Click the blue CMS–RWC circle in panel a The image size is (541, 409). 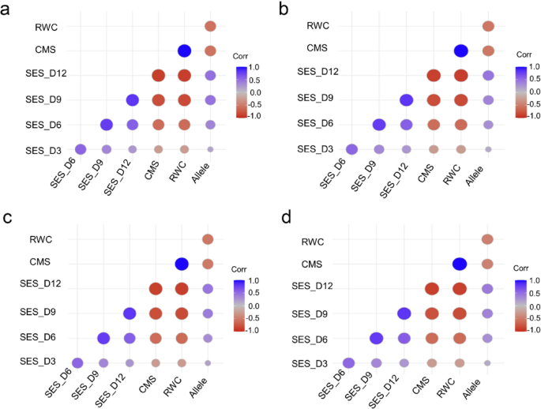point(184,51)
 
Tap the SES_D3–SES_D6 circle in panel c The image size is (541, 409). point(77,362)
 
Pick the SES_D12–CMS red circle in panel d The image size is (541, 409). point(432,288)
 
